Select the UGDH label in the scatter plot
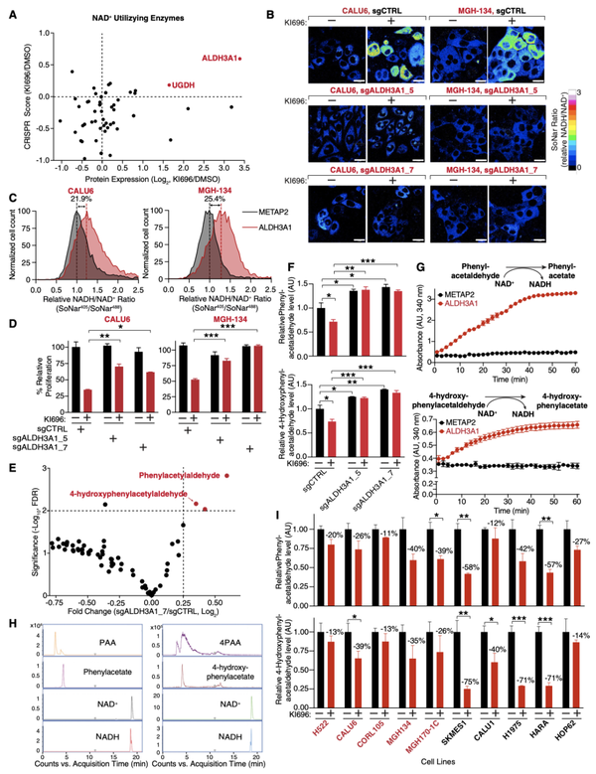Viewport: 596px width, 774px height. pos(185,86)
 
